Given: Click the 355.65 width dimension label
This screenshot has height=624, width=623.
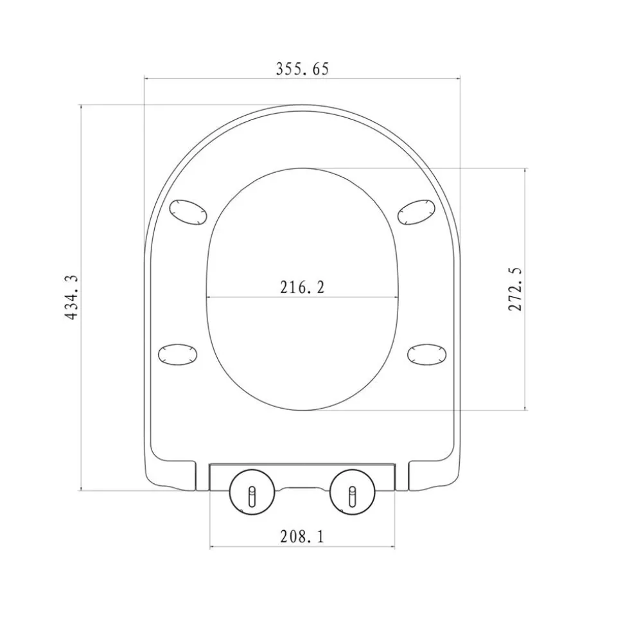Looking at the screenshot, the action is click(x=303, y=69).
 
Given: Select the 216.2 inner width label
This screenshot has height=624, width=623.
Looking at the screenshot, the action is click(x=303, y=287).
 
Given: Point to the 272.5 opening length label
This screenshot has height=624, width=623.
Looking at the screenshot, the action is click(x=515, y=289).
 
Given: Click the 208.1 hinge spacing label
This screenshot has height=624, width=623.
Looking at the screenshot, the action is click(x=303, y=537).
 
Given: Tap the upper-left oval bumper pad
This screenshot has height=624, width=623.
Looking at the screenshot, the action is click(x=188, y=213).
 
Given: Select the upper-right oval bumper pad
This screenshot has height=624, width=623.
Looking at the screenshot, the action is click(x=417, y=212).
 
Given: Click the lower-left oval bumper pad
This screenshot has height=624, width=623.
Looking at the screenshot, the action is click(x=178, y=354).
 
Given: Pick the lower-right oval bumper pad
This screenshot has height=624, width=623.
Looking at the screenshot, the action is click(x=427, y=354).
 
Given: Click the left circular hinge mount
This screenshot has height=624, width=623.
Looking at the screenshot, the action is click(x=252, y=492).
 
